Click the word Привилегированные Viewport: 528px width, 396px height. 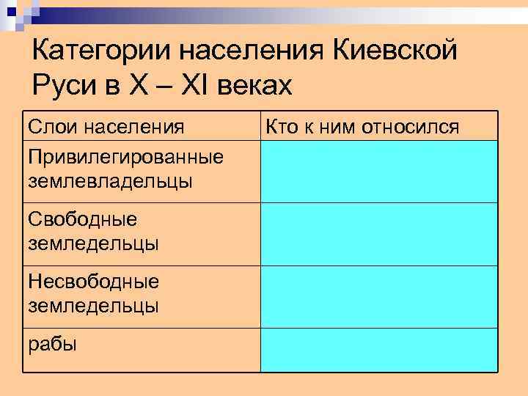pyautogui.click(x=125, y=158)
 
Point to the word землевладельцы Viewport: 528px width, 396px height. pyautogui.click(x=110, y=180)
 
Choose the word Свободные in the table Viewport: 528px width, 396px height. pyautogui.click(x=82, y=219)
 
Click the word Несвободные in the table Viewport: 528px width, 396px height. pyautogui.click(x=93, y=282)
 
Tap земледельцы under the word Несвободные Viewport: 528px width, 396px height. pyautogui.click(x=93, y=305)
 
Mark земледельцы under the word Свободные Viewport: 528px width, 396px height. pyautogui.click(x=93, y=242)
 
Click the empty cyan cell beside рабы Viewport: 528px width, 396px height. pyautogui.click(x=378, y=350)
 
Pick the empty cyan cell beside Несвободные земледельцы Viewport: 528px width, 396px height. pyautogui.click(x=378, y=297)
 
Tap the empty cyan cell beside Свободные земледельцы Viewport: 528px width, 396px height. pyautogui.click(x=378, y=234)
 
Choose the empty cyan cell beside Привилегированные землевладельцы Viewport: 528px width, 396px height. pyautogui.click(x=378, y=172)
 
